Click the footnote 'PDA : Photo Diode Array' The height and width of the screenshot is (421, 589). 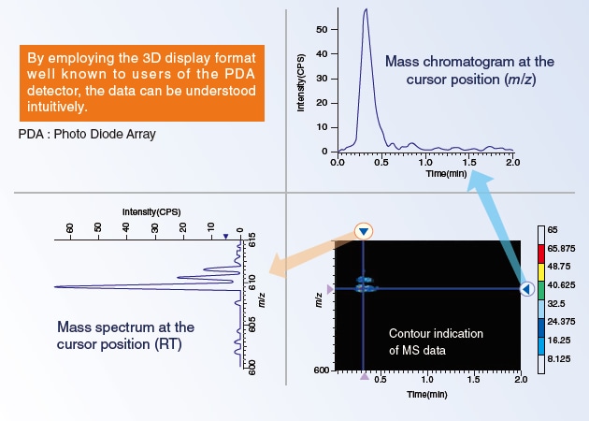(87, 134)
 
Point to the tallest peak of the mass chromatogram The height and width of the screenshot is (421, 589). (366, 10)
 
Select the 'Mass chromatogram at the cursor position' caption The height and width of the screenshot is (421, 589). (468, 70)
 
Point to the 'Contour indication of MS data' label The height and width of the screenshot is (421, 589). (433, 342)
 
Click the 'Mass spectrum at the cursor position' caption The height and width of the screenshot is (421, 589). (124, 336)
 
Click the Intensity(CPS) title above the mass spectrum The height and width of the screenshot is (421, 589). (151, 212)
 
